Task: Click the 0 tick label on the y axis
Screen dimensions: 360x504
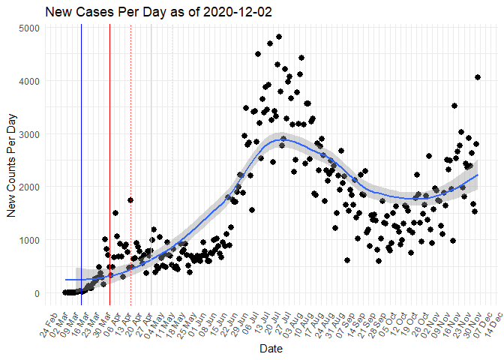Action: [36, 293]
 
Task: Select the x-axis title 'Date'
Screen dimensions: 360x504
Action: [270, 349]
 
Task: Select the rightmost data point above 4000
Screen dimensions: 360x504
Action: [478, 77]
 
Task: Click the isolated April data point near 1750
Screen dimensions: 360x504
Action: [130, 200]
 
